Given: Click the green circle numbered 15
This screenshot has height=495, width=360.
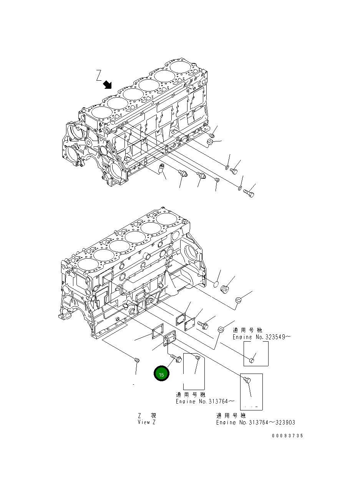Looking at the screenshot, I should click(x=161, y=374).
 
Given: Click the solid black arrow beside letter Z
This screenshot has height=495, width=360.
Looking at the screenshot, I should click(x=108, y=84).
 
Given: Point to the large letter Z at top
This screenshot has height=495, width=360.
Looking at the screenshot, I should click(x=99, y=75).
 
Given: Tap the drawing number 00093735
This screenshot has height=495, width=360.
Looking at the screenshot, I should click(x=287, y=435).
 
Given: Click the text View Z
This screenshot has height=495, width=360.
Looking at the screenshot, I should click(x=147, y=422).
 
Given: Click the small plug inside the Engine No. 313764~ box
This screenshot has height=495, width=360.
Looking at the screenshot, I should click(x=197, y=358).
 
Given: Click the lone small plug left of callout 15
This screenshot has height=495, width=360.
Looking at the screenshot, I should click(x=137, y=360).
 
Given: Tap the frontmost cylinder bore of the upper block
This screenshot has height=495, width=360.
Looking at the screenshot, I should click(x=100, y=112).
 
